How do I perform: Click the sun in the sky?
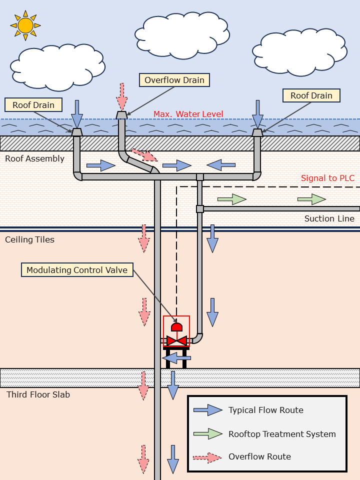point(25,25)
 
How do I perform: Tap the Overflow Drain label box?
point(174,80)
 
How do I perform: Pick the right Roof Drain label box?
point(311,95)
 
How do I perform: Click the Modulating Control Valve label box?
point(77,270)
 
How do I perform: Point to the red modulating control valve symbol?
point(176,340)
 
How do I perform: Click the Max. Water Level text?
point(188,114)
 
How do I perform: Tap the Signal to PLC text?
point(327,178)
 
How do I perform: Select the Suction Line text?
point(329,218)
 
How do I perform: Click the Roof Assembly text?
point(34,158)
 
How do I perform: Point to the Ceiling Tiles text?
point(29,239)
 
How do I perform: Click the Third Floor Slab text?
point(38,394)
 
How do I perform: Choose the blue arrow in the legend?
point(208,410)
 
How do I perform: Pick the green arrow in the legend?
point(208,433)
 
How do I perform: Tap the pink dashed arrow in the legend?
point(208,456)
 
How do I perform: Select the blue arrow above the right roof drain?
point(257,113)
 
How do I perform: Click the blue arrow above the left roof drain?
point(76,113)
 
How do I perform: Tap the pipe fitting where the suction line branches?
point(199,208)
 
